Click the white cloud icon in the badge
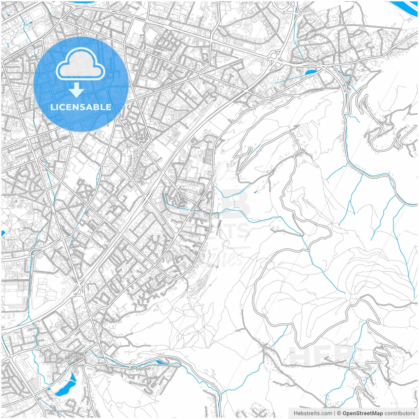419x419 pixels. (81, 64)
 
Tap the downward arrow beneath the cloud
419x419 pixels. (77, 90)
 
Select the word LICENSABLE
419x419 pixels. (81, 107)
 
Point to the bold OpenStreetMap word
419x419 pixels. (362, 413)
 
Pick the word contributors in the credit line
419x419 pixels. (399, 413)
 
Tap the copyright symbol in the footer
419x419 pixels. (339, 413)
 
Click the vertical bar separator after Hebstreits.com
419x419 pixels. (335, 413)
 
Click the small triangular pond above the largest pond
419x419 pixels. (73, 378)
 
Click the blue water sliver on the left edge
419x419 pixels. (3, 233)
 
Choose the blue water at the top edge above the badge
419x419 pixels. (81, 2)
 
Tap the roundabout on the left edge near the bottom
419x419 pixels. (9, 356)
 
